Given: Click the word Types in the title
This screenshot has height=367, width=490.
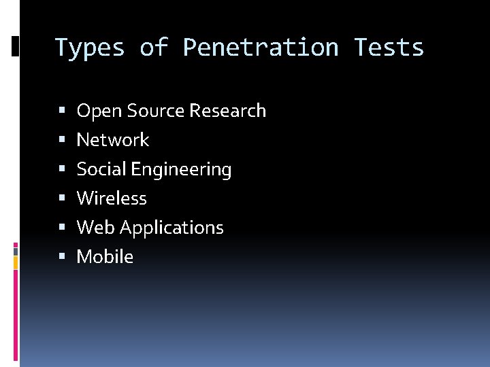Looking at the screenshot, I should point(90,48).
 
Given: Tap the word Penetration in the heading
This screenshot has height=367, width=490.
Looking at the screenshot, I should point(261,48).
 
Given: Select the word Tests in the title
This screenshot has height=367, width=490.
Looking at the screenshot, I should point(389,48).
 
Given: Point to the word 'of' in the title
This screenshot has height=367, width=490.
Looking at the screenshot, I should point(154,48).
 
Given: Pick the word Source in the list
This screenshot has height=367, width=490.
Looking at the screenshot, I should point(153,111).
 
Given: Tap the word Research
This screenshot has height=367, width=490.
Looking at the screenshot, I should point(228,111).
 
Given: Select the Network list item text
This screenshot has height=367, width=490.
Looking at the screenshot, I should point(113,140).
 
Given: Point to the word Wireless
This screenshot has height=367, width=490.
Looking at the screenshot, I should point(112,198).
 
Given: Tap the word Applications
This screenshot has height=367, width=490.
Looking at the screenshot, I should point(171,228).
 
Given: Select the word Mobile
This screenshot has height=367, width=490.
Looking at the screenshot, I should point(105,257).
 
